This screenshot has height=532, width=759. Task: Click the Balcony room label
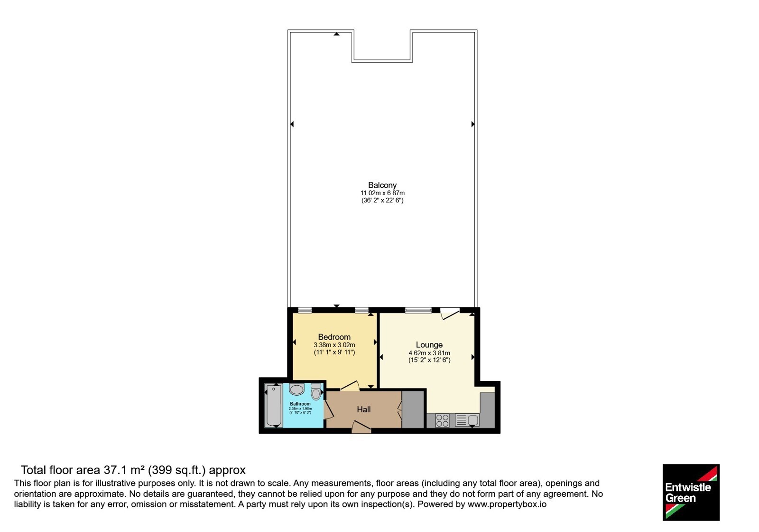click(x=382, y=185)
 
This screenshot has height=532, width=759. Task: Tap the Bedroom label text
click(x=334, y=337)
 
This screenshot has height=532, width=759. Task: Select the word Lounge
click(x=429, y=345)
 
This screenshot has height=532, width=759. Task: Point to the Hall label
click(x=363, y=409)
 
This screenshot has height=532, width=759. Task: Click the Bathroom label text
click(x=300, y=404)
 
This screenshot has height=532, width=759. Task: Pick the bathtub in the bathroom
click(x=274, y=405)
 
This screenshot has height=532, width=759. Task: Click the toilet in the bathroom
click(x=316, y=391)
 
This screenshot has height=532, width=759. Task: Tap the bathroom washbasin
click(x=296, y=389)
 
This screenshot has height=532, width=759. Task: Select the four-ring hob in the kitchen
click(x=442, y=420)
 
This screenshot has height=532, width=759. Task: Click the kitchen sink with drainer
click(x=467, y=420)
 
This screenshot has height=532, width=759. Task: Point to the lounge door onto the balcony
click(x=450, y=313)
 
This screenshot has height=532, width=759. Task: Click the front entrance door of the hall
click(x=361, y=427)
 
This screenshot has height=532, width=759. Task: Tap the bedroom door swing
click(x=350, y=385)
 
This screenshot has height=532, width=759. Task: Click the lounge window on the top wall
click(x=418, y=310)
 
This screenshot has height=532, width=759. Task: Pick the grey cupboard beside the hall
click(x=413, y=409)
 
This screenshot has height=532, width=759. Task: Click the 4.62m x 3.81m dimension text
click(x=429, y=353)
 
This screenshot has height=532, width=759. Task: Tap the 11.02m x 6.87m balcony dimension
click(x=382, y=193)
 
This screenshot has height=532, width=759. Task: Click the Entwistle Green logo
click(x=691, y=492)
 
